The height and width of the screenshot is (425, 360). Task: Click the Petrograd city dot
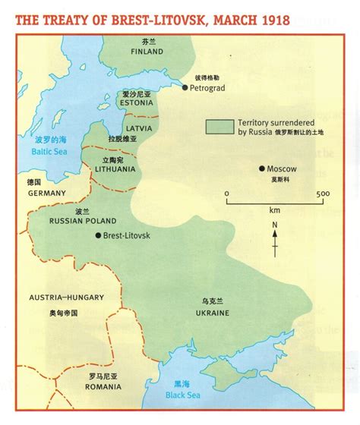pyautogui.click(x=185, y=87)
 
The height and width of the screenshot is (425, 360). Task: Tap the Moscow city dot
pyautogui.click(x=261, y=168)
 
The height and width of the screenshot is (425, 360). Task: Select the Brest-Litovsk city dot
pyautogui.click(x=99, y=236)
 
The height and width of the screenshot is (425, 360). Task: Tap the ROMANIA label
pyautogui.click(x=104, y=367)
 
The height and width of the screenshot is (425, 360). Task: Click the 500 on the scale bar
pyautogui.click(x=322, y=194)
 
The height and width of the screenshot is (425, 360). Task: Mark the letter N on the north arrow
pyautogui.click(x=275, y=225)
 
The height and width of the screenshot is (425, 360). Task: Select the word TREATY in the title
pyautogui.click(x=67, y=17)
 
